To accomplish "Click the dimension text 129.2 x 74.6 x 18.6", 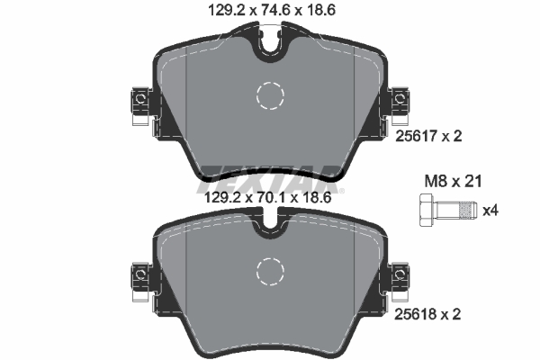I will point(270,11).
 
